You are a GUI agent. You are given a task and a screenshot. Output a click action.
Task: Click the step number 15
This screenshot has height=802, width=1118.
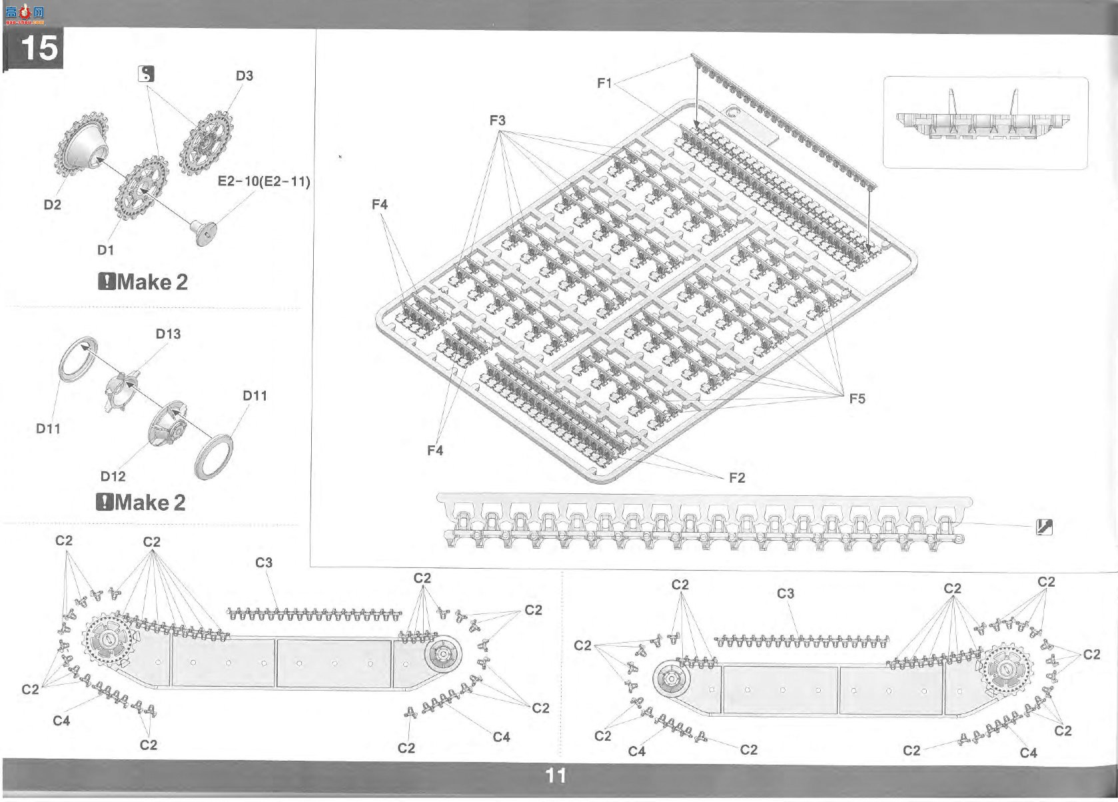[x=39, y=48]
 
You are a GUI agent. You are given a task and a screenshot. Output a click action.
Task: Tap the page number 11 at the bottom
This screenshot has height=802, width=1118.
[x=556, y=775]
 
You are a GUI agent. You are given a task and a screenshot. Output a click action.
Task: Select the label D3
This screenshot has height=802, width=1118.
[x=244, y=76]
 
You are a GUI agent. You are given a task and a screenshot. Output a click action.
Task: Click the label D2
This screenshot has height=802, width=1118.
[x=53, y=205]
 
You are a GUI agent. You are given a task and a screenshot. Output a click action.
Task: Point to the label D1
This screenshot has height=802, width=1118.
[x=105, y=250]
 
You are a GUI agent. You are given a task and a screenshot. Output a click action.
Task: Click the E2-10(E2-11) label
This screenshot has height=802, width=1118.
[x=264, y=181]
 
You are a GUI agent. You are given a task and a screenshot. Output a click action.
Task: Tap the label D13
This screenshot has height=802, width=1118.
[x=168, y=334]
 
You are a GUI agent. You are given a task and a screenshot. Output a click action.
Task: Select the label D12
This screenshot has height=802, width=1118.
[x=113, y=477]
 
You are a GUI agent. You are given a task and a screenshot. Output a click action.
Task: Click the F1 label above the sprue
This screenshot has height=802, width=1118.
[x=604, y=83]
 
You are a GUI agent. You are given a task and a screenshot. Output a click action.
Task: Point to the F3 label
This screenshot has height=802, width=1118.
[x=497, y=121]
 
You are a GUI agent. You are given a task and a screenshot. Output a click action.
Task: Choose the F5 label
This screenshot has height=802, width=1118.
[x=857, y=399]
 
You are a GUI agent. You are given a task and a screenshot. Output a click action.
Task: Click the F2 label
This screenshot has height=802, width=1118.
[x=737, y=478]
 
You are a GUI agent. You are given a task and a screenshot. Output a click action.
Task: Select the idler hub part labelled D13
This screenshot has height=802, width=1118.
[x=121, y=389]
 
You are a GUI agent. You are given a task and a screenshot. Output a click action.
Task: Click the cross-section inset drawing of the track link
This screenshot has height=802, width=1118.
[x=985, y=123]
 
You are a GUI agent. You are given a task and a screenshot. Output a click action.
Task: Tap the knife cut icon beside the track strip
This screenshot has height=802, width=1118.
[x=1044, y=527]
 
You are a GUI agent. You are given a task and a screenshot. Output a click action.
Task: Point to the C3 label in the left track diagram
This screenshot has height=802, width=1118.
[x=264, y=563]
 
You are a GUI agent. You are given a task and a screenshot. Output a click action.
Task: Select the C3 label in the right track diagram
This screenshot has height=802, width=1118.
[x=785, y=594]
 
